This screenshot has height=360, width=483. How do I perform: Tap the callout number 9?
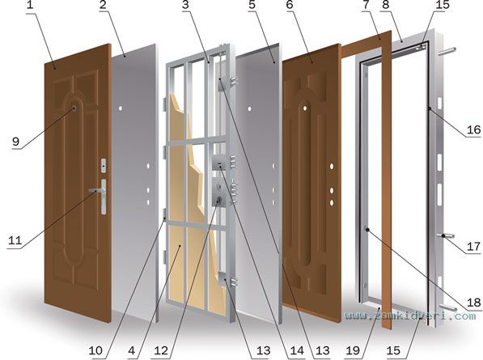click(15, 142)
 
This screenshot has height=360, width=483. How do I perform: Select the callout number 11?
click(15, 240)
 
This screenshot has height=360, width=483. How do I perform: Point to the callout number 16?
click(473, 129)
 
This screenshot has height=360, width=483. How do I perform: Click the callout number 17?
click(474, 247)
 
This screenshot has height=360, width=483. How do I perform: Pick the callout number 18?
click(474, 303)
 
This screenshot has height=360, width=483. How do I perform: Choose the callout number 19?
click(353, 350)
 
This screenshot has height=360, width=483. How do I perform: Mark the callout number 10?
click(95, 350)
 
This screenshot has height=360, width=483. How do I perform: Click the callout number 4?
click(132, 350)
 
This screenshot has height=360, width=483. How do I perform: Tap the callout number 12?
click(161, 350)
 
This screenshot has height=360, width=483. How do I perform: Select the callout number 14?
click(297, 350)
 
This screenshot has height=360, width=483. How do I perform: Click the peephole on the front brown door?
click(74, 108)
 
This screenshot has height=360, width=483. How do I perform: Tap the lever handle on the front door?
click(97, 191)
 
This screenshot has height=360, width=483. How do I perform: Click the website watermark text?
click(409, 316)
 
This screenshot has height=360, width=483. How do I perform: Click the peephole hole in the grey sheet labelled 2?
click(121, 108)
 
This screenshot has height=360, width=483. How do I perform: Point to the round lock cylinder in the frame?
click(219, 201)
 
